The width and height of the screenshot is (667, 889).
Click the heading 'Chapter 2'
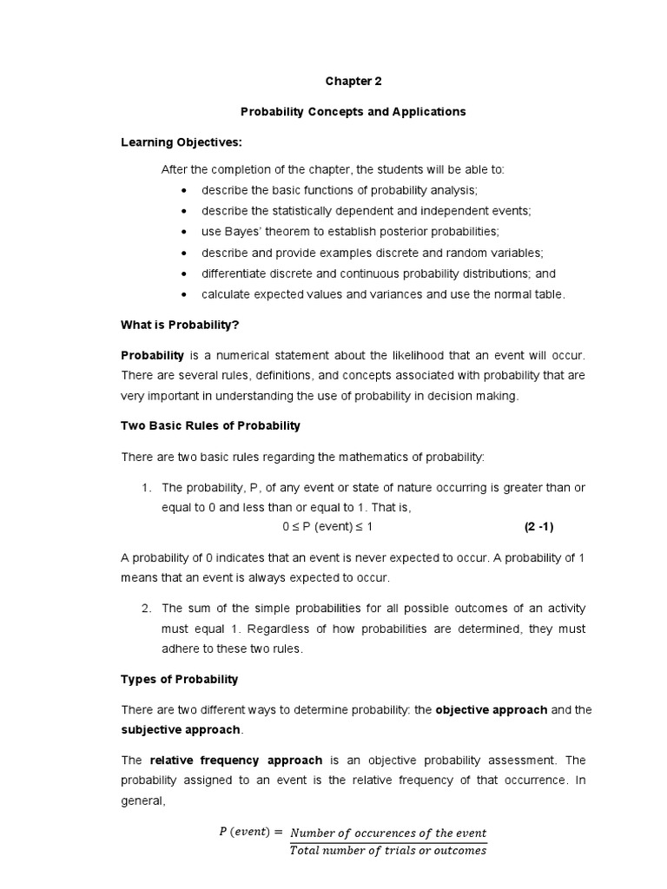353,82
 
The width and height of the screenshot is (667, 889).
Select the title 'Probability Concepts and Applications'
353,112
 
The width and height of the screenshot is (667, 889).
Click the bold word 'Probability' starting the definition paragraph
152,356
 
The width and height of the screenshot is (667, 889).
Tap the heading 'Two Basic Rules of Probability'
210,425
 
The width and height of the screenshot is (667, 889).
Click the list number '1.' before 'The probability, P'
147,488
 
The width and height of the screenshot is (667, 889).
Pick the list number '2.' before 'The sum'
147,608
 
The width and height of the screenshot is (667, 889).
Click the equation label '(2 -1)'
538,527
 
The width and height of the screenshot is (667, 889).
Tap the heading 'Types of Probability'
179,679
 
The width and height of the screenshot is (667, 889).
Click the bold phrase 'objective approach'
491,709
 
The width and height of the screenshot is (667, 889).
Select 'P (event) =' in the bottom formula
250,832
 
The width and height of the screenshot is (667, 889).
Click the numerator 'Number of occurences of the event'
388,833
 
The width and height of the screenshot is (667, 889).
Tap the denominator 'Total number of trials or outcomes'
388,851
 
